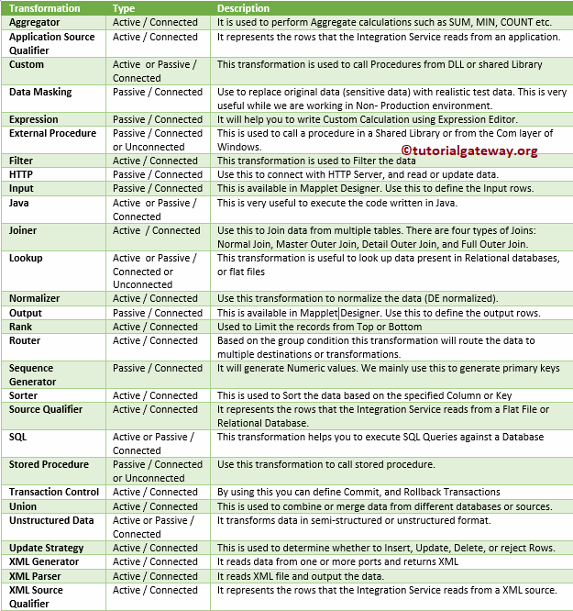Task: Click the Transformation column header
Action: click(44, 8)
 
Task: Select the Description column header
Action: click(243, 8)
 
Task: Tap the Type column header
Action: click(124, 8)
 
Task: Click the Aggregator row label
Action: click(35, 23)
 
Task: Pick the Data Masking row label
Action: click(40, 93)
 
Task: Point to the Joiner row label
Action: click(25, 231)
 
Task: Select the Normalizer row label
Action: click(35, 299)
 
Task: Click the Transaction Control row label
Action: click(53, 493)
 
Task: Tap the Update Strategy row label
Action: click(46, 549)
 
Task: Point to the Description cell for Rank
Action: click(320, 328)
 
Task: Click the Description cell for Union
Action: click(384, 506)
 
